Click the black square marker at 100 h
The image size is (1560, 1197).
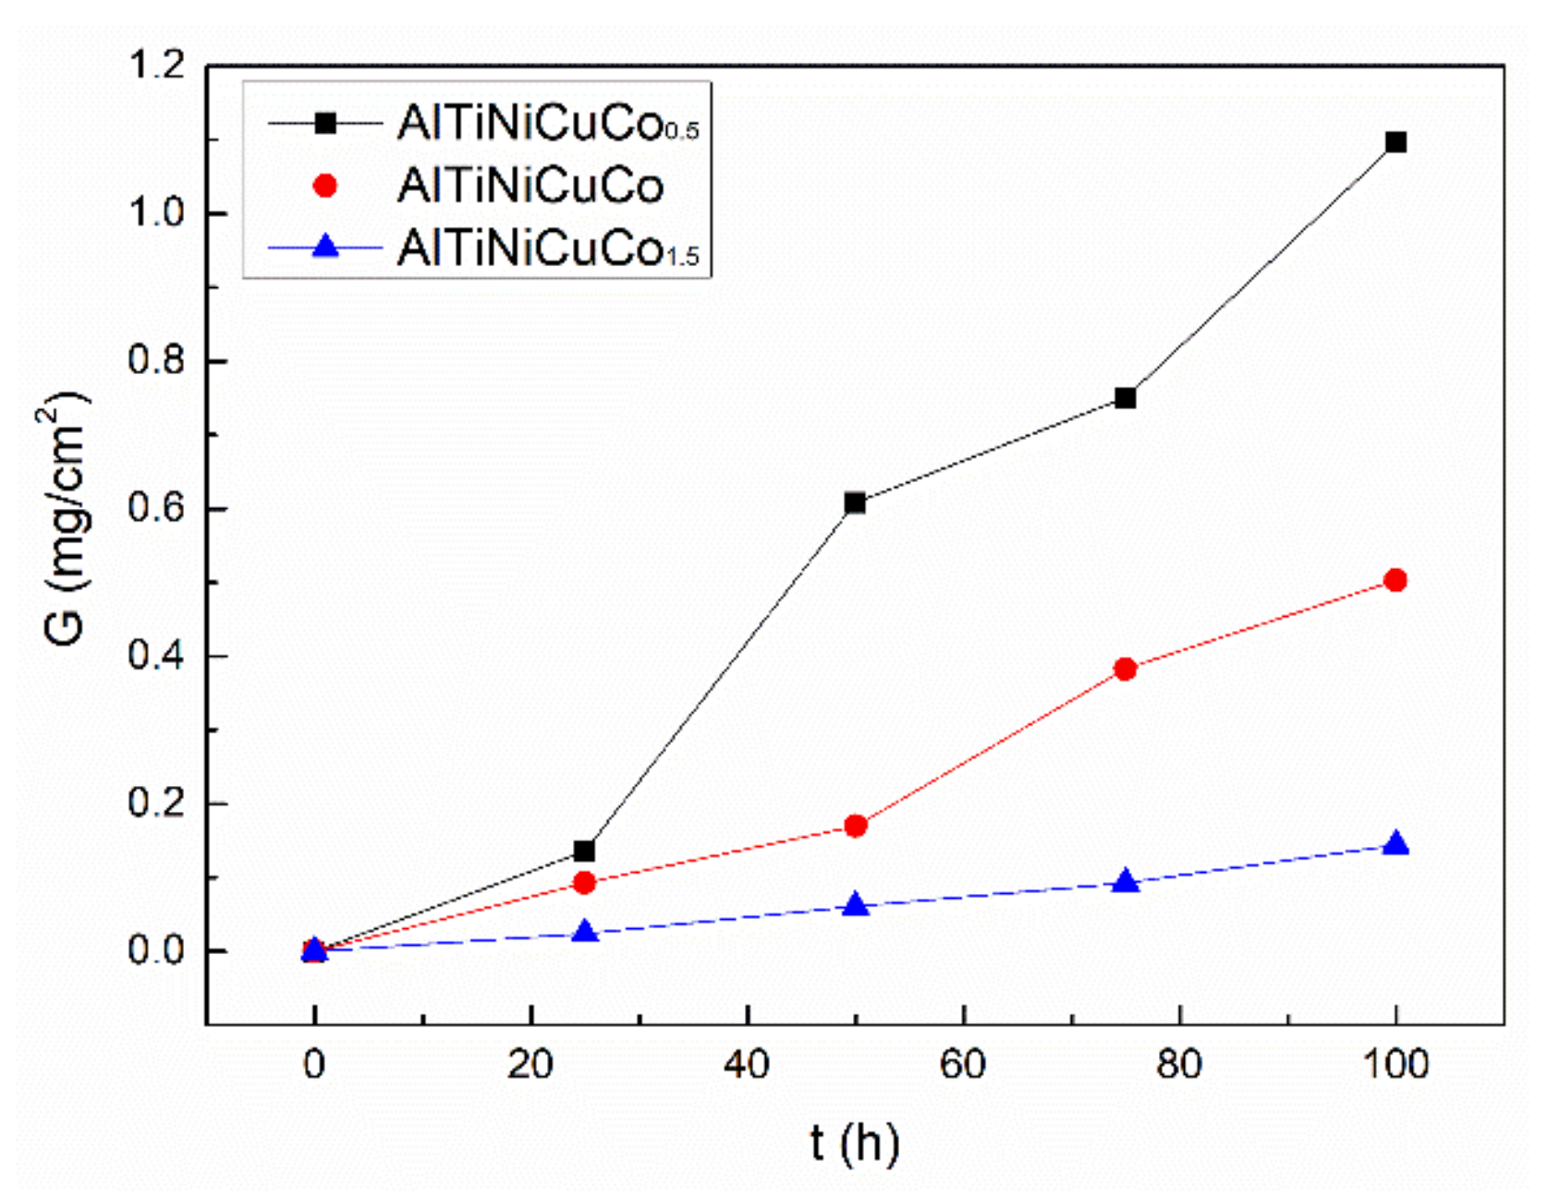point(1395,142)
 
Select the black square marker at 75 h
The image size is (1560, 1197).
point(1125,398)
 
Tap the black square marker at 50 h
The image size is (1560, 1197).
point(855,503)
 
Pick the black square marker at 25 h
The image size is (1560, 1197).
point(584,851)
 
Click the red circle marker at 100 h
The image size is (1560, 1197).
point(1395,580)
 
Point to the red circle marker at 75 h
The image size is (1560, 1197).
point(1125,669)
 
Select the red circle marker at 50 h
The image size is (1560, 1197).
point(855,826)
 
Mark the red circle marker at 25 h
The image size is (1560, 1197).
point(584,883)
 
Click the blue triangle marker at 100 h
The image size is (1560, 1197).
point(1395,845)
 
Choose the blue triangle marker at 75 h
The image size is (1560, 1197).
point(1125,882)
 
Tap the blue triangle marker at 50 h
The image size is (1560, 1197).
point(856,905)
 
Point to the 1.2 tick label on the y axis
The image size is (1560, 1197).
point(155,66)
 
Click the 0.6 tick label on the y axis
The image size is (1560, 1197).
point(155,509)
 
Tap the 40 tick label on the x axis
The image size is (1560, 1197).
point(747,1065)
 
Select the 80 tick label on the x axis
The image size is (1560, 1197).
point(1179,1065)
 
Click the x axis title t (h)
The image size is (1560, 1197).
point(854,1143)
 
